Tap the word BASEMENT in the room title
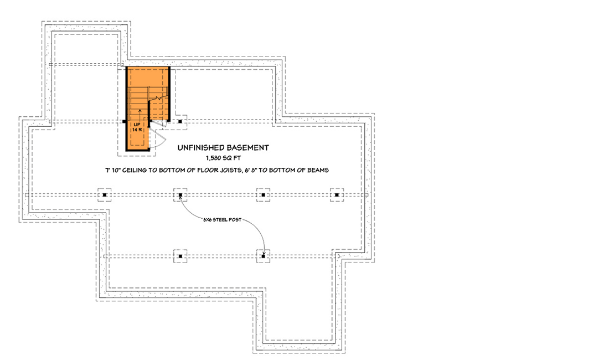[x=248, y=147]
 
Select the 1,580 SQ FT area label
[x=223, y=158]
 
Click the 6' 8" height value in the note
[x=252, y=170]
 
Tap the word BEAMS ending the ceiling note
[x=318, y=170]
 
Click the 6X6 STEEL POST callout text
[x=222, y=220]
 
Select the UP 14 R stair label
[x=137, y=127]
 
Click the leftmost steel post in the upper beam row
[x=105, y=195]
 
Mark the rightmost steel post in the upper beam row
[x=337, y=195]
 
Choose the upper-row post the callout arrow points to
[x=180, y=195]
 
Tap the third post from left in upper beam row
[x=264, y=195]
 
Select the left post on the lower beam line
[x=180, y=256]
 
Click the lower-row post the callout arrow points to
[x=264, y=256]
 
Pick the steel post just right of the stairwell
[x=180, y=121]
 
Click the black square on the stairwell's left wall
[x=124, y=121]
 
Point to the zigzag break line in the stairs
[x=158, y=97]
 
